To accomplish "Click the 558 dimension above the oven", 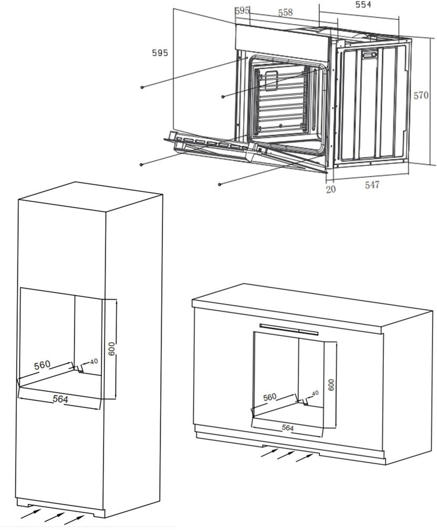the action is point(285,13).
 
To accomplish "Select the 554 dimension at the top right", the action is point(363,4).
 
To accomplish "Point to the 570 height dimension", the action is point(421,96).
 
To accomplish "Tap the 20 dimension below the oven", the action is point(331,189).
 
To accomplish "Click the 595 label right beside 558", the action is point(242,11).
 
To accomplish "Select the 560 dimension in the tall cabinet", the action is point(42,365).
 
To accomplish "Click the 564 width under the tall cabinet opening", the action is point(60,399).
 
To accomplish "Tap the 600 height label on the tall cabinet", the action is point(112,349).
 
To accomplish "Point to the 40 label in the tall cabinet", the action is point(94,361).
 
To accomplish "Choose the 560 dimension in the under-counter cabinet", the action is point(269,397).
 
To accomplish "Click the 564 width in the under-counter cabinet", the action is point(288,428).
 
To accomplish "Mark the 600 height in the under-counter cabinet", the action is point(331,385).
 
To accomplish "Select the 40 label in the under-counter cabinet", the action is point(315,393).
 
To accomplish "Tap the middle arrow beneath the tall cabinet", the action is point(55,517).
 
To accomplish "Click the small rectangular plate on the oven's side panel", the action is point(369,55).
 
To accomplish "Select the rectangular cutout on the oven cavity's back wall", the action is point(271,81).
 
